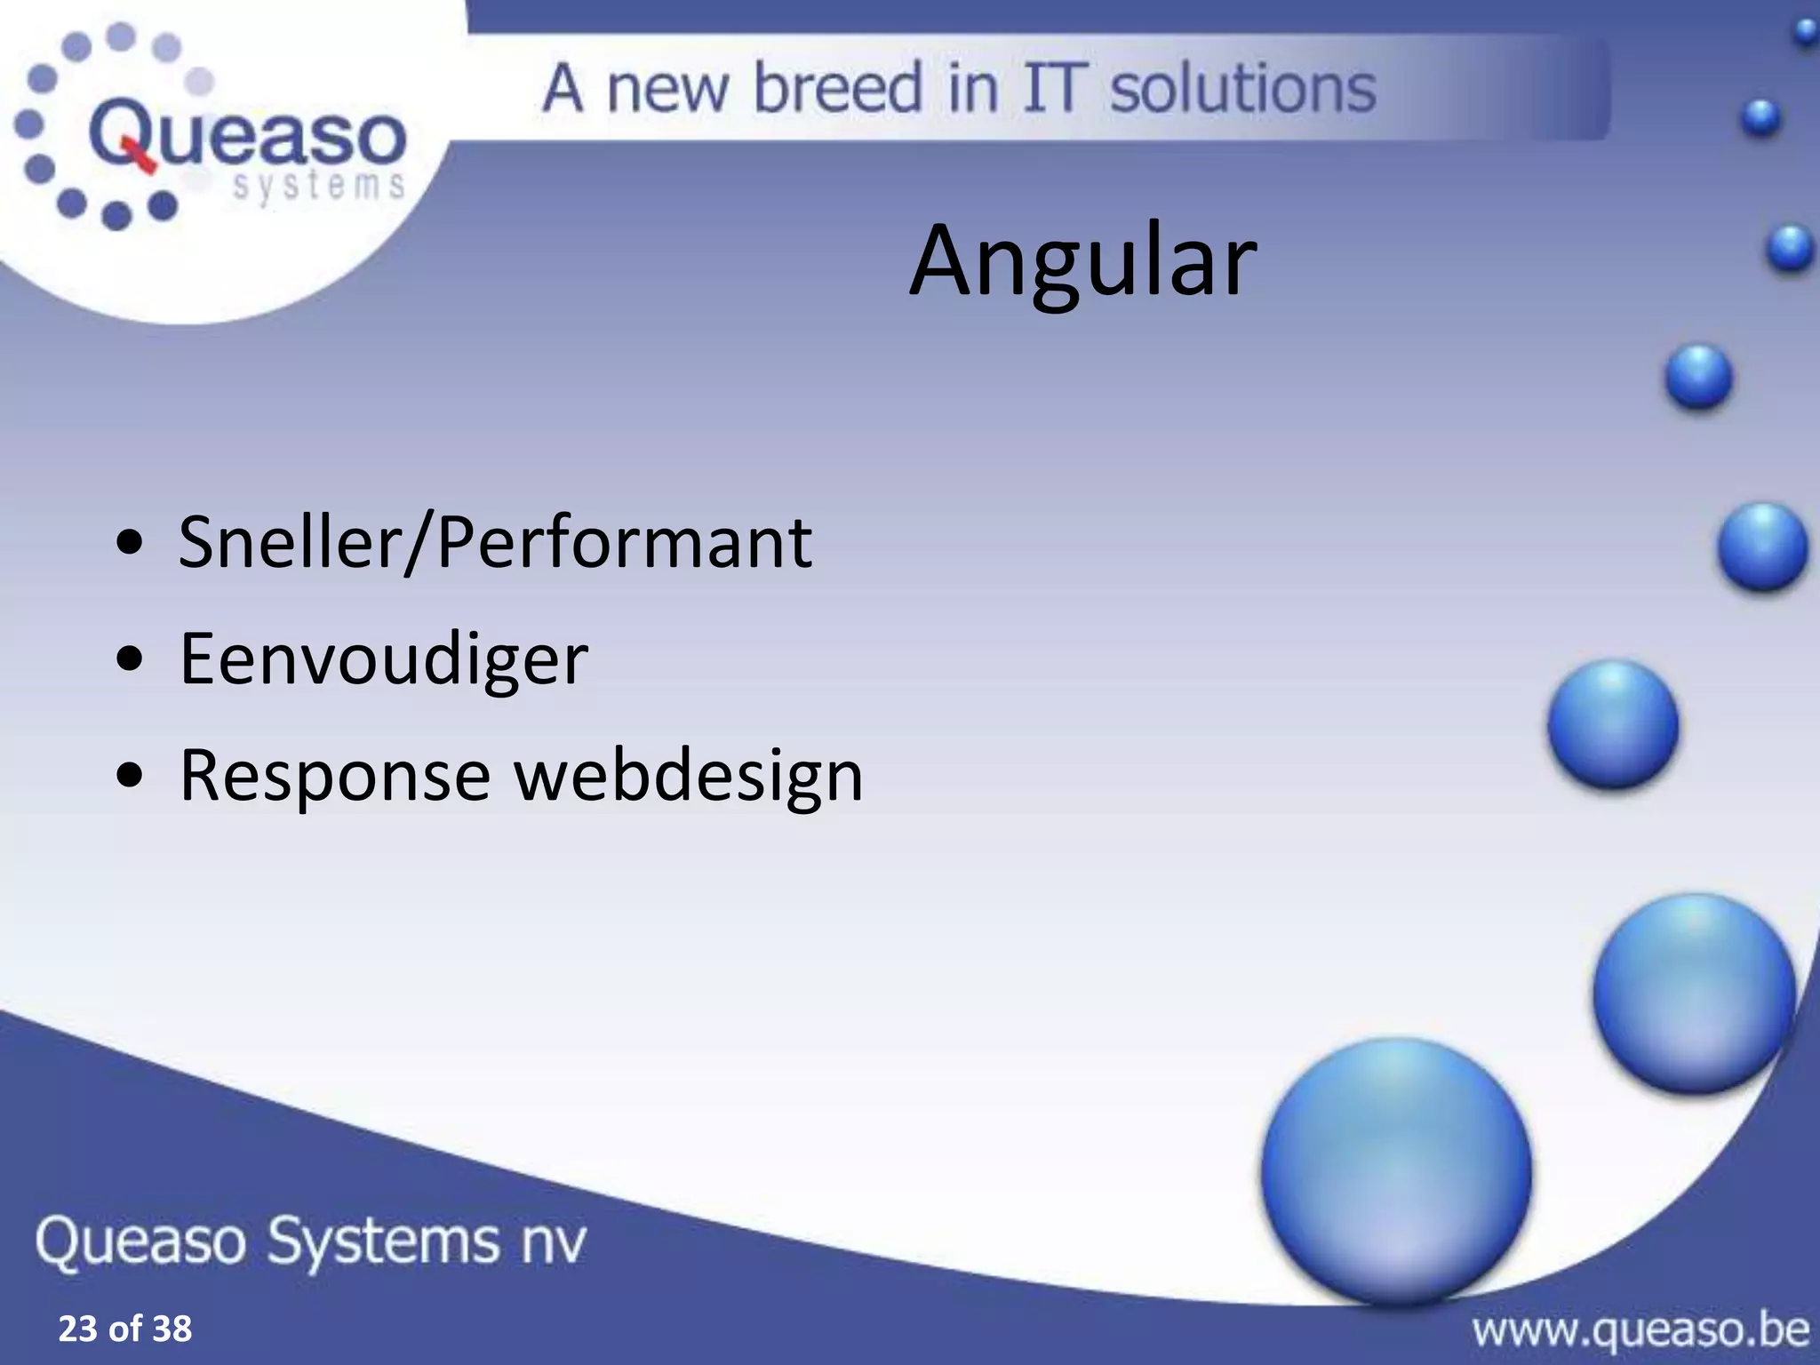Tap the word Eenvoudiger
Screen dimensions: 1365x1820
[x=383, y=659]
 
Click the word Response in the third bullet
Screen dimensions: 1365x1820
[x=334, y=775]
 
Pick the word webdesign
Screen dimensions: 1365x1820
[x=689, y=775]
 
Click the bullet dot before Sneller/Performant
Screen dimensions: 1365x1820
[x=130, y=545]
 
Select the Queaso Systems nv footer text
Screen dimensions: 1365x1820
[x=311, y=1241]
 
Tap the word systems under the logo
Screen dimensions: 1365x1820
[x=318, y=187]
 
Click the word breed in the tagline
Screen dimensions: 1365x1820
[x=837, y=88]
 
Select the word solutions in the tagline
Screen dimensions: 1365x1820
[x=1242, y=88]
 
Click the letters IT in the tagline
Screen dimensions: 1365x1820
[x=1054, y=88]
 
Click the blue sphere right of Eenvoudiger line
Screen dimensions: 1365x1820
[x=1613, y=724]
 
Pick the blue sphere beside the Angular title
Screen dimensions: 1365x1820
[x=1789, y=247]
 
